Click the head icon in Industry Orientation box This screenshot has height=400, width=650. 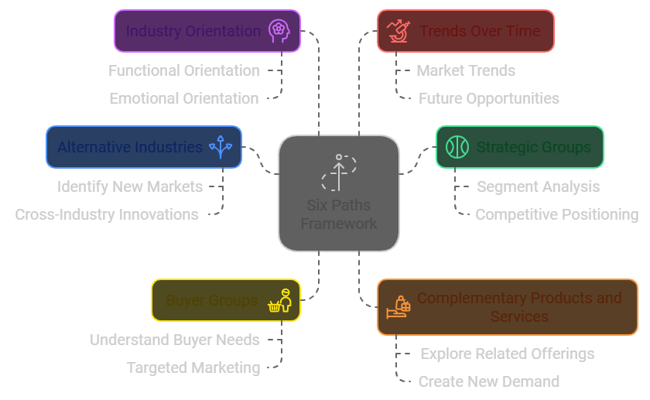(x=279, y=31)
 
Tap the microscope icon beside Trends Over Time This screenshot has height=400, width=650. (x=399, y=31)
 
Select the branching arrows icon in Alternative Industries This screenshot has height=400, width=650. (x=221, y=147)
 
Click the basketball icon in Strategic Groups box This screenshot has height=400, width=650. (x=457, y=147)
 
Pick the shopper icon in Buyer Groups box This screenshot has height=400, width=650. (x=280, y=300)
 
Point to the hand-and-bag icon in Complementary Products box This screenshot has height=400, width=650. (x=399, y=307)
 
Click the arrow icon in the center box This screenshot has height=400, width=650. (x=339, y=173)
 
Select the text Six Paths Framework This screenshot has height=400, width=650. (x=339, y=214)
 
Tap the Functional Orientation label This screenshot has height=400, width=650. (x=184, y=71)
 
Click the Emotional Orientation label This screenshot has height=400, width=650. (x=184, y=99)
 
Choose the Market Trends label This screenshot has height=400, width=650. (x=466, y=71)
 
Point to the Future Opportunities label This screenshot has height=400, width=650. (x=489, y=99)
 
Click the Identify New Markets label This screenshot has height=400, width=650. (x=130, y=187)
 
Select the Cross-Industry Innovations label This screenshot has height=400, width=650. (x=107, y=215)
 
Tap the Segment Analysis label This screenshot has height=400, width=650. (x=538, y=187)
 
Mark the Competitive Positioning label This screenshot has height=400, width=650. (x=556, y=215)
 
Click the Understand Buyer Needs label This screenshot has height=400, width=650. (x=175, y=340)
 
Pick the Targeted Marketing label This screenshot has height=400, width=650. (x=193, y=368)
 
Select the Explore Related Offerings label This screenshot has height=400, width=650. (x=508, y=354)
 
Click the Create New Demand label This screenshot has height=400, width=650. (x=489, y=381)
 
